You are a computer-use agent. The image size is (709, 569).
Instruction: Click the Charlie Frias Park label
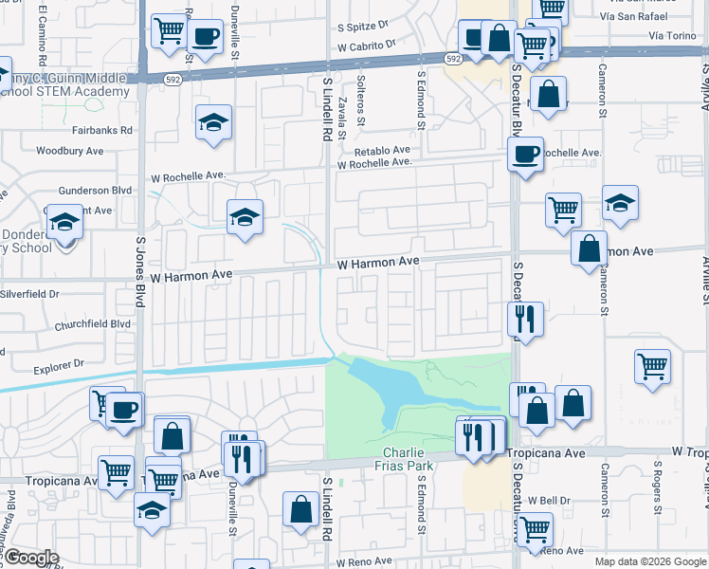(409, 459)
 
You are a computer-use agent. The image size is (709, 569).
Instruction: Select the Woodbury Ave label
(69, 151)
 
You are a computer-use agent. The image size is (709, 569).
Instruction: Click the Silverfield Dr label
(33, 295)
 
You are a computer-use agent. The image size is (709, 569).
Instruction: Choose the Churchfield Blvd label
(93, 323)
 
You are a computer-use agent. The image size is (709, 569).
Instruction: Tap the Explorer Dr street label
(59, 363)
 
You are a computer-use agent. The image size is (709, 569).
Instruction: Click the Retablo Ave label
(382, 150)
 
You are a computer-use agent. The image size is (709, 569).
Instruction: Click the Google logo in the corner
(30, 558)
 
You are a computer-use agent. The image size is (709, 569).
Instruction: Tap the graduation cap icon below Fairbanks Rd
(214, 122)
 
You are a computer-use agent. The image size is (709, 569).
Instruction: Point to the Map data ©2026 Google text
(649, 561)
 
